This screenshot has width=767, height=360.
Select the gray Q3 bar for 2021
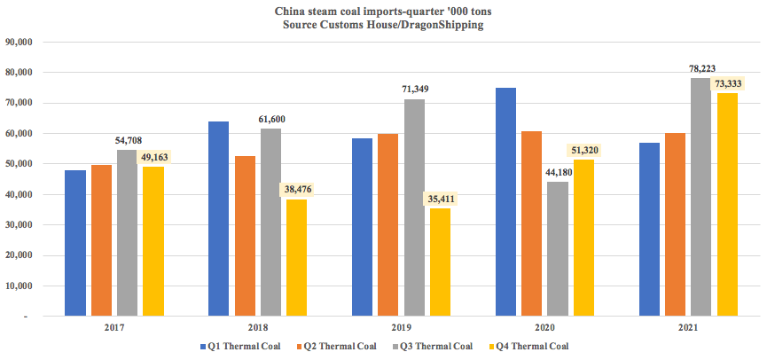(x=701, y=196)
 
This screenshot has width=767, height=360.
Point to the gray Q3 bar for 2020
(x=558, y=248)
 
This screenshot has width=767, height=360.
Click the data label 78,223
(x=701, y=66)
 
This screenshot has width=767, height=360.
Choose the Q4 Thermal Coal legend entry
(x=532, y=346)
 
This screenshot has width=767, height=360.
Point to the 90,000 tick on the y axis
(x=19, y=42)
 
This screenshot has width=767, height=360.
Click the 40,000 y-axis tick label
(x=19, y=194)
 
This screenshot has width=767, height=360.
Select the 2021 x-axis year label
(x=688, y=329)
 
